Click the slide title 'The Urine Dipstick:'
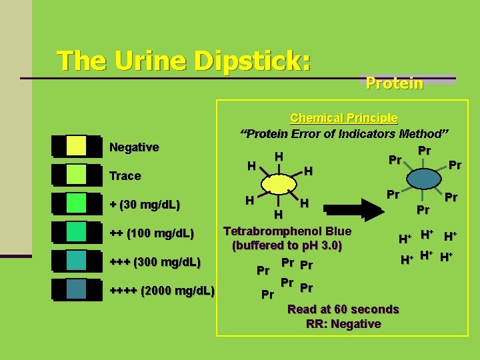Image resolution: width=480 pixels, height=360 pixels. point(184,61)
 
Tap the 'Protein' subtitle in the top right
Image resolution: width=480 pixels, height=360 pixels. point(394,83)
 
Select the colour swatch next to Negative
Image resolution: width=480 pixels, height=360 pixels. point(76,146)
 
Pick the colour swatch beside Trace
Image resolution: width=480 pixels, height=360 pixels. point(76,174)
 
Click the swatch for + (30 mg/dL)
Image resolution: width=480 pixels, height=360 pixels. point(76,203)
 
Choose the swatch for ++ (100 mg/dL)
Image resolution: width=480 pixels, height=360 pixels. point(76,231)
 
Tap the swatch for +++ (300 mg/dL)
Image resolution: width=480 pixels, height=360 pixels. point(76,260)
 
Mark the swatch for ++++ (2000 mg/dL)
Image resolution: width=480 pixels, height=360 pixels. point(76,289)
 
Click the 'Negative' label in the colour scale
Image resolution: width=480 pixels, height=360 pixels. point(134,147)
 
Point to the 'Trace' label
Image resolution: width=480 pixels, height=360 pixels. point(125,176)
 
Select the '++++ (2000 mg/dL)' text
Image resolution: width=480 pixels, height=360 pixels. point(162,291)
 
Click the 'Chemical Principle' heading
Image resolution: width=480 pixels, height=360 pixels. point(344,118)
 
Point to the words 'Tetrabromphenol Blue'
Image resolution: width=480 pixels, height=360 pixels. point(287,231)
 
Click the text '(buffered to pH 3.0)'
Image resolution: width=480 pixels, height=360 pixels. point(287,246)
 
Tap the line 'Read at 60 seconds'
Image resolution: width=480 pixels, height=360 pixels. point(343,309)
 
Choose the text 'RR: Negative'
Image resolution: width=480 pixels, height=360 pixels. point(343,324)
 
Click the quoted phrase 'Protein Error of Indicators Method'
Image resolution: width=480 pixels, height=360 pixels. point(345,133)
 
